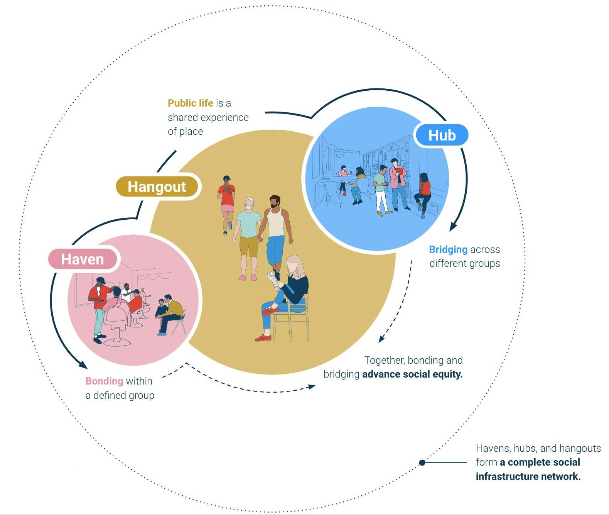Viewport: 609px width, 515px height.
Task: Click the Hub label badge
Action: pos(441,135)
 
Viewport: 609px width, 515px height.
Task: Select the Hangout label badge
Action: pos(157,186)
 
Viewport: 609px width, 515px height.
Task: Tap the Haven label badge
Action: pos(83,259)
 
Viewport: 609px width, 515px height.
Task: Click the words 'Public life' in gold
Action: pos(190,103)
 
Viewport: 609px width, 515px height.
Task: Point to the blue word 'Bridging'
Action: pos(448,249)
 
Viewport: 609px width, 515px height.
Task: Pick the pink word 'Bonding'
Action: pos(104,381)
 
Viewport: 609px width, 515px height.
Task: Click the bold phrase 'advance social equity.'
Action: pos(412,374)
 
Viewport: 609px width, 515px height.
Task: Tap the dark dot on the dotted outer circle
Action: pos(422,462)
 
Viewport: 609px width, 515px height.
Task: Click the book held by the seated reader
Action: pos(273,278)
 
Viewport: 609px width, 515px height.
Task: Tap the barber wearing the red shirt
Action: pos(98,305)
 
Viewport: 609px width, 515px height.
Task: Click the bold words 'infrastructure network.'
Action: pos(528,476)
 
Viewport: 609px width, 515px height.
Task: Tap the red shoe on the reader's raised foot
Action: pos(270,310)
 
